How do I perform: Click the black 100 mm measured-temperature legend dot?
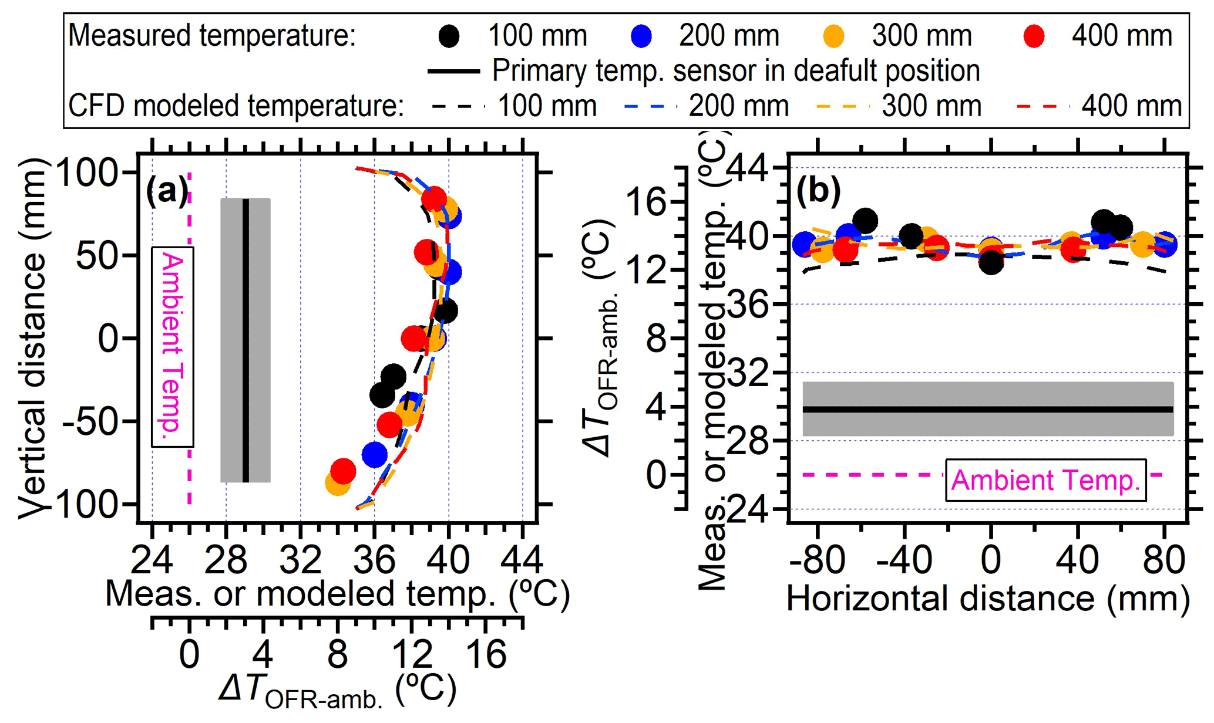tap(449, 36)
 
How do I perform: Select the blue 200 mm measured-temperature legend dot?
tap(641, 36)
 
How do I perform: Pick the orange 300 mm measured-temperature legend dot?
tap(833, 36)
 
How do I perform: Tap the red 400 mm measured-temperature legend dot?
tap(1033, 36)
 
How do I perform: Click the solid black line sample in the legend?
tap(454, 72)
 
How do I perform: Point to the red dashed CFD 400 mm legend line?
tap(1043, 107)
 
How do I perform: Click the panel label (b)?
tap(818, 191)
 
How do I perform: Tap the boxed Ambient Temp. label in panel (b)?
tap(1045, 480)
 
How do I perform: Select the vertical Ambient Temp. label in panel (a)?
tap(173, 347)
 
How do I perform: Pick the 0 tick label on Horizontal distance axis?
tap(991, 560)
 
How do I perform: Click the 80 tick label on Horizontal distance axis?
tap(1164, 560)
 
